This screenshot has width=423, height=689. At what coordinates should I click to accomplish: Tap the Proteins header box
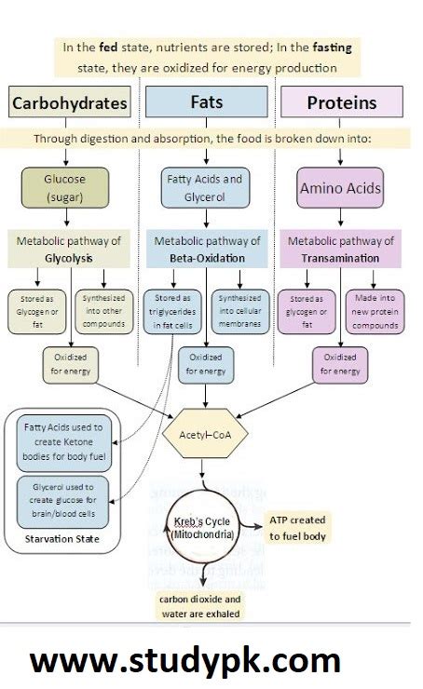tap(341, 102)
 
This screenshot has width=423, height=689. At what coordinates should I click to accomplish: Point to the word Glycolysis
tap(66, 258)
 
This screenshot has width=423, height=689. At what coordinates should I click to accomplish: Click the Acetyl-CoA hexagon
tap(205, 434)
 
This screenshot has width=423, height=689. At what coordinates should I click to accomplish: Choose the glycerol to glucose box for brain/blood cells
tap(63, 502)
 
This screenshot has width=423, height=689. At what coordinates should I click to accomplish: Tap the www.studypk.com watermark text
tap(185, 661)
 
